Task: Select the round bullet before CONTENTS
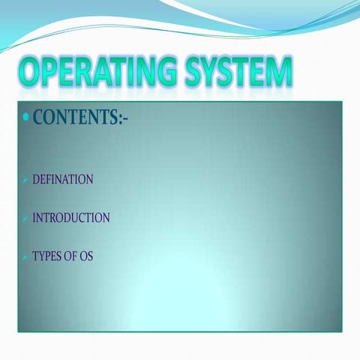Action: tap(26, 118)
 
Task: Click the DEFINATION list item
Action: tap(62, 180)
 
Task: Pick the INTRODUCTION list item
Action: tap(70, 218)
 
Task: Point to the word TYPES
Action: tap(46, 256)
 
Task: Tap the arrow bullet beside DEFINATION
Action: tap(25, 181)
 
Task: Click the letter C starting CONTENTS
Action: tap(39, 118)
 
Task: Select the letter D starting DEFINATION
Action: tap(36, 180)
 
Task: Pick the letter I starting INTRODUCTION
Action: tap(34, 218)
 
